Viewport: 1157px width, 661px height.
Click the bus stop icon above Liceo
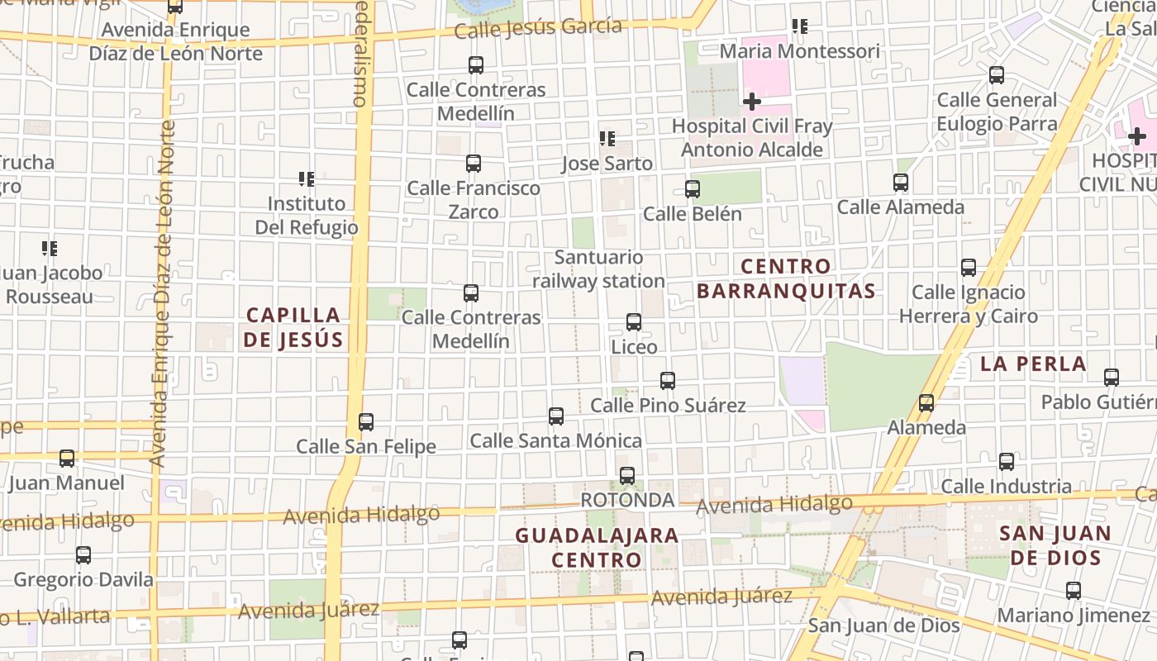click(x=634, y=321)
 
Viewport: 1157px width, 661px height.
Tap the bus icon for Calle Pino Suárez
click(x=668, y=381)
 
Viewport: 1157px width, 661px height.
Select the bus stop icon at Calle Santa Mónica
click(x=556, y=416)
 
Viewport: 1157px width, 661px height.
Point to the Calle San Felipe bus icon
click(x=366, y=422)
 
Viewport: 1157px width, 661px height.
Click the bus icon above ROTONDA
click(x=627, y=475)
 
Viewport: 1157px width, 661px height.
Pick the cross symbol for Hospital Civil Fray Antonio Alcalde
click(x=751, y=102)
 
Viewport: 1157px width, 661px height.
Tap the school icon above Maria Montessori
click(x=799, y=26)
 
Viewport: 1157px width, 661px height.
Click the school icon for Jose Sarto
click(x=607, y=139)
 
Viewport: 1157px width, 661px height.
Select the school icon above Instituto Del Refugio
click(x=307, y=178)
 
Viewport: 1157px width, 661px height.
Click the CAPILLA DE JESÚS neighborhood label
click(x=293, y=327)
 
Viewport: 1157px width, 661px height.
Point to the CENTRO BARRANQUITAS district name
click(x=786, y=278)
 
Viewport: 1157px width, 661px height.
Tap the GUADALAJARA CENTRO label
click(x=597, y=547)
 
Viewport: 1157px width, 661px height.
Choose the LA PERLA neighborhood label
click(x=1033, y=364)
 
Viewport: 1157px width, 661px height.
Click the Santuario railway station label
click(x=598, y=269)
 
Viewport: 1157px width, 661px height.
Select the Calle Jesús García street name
click(x=538, y=28)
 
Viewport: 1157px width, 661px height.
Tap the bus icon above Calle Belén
click(x=693, y=189)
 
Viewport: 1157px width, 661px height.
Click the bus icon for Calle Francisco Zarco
click(x=474, y=164)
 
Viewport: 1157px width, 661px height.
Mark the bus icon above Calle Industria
click(x=1007, y=462)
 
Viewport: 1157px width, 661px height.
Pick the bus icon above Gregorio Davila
click(x=83, y=555)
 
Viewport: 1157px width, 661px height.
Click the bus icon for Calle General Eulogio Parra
click(x=997, y=75)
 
